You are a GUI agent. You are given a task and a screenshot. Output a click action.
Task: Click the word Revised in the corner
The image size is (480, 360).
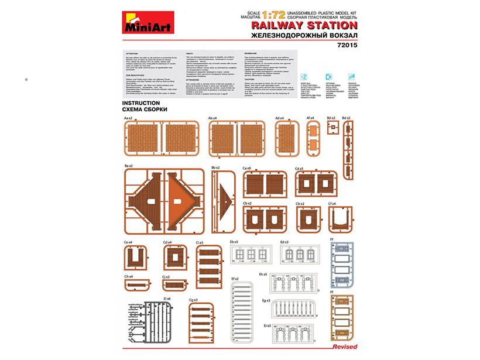[344, 347]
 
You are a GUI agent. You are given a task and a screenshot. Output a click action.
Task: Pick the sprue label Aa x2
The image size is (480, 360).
[128, 118]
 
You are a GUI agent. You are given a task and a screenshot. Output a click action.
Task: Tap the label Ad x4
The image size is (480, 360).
[280, 118]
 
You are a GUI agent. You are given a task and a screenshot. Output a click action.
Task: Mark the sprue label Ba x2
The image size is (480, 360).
[128, 166]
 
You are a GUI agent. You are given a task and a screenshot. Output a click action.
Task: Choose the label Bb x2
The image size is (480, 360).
[215, 167]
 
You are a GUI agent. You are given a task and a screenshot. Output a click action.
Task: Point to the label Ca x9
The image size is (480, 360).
[246, 168]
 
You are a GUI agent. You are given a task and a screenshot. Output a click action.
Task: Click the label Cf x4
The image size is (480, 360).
[332, 204]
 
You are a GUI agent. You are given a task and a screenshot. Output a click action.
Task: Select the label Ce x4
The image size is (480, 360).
[128, 242]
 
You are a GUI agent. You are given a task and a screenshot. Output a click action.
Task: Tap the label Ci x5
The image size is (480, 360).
[199, 242]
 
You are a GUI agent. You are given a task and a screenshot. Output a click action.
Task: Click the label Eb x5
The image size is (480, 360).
[234, 241]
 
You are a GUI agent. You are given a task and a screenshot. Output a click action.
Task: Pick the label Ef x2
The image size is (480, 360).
[235, 279]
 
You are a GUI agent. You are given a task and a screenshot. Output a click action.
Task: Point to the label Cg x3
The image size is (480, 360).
[193, 300]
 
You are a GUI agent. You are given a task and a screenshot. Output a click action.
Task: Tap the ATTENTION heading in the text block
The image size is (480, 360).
[132, 53]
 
